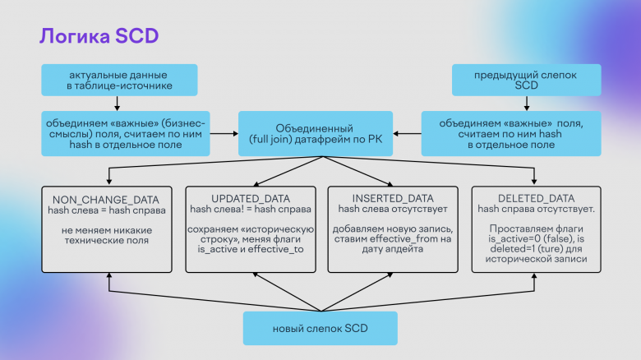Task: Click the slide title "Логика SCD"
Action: pyautogui.click(x=99, y=36)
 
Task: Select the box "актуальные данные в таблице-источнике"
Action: pyautogui.click(x=119, y=80)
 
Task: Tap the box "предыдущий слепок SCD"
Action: pyautogui.click(x=527, y=80)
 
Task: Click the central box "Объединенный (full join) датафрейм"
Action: pyautogui.click(x=316, y=133)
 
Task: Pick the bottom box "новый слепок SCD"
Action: pyautogui.click(x=320, y=328)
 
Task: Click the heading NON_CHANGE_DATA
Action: pyautogui.click(x=106, y=200)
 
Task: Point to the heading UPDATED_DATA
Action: pyautogui.click(x=251, y=199)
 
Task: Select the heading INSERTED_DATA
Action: pyautogui.click(x=393, y=198)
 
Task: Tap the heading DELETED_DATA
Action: pyautogui.click(x=537, y=198)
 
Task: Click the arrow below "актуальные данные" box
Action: pyautogui.click(x=117, y=104)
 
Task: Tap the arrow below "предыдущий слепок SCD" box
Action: pyautogui.click(x=527, y=104)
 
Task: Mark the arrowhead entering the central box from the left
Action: pyautogui.click(x=236, y=133)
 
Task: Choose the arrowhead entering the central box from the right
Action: pyautogui.click(x=396, y=133)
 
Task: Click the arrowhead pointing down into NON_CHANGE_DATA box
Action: pyautogui.click(x=109, y=182)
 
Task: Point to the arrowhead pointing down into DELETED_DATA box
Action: pyautogui.click(x=534, y=181)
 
